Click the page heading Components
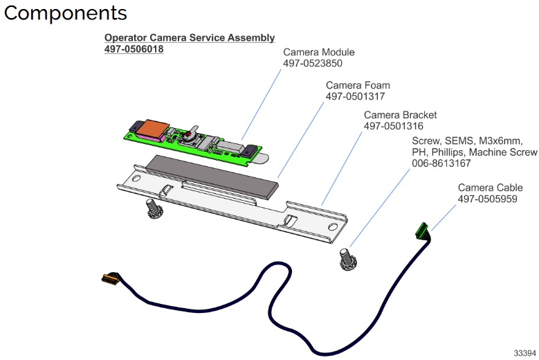66,13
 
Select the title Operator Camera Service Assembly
189,38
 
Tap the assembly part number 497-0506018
134,50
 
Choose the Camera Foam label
358,85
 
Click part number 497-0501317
356,97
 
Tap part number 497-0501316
394,127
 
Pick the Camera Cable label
495,188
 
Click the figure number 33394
524,352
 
